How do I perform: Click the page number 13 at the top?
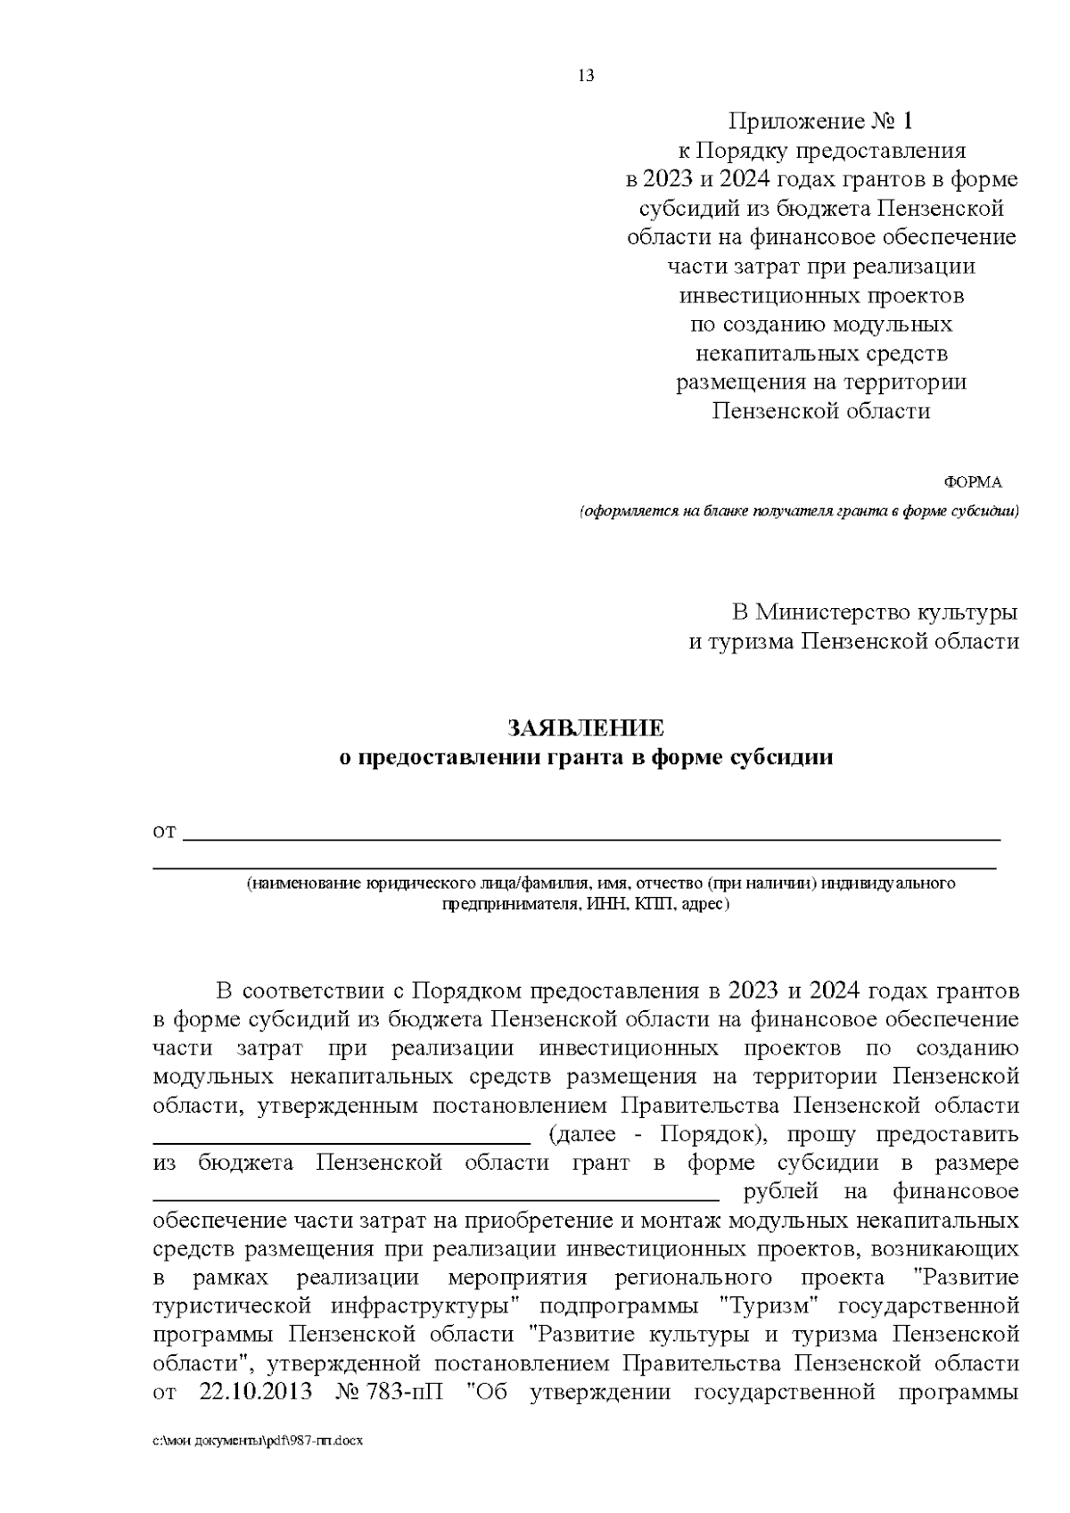586,76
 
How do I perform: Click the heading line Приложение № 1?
821,121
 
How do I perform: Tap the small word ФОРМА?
973,482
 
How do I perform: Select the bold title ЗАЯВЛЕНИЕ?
586,728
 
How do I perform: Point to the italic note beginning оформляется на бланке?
798,512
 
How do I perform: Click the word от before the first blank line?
165,833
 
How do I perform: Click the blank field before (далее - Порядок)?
342,1139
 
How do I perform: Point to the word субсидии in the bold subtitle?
782,758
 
